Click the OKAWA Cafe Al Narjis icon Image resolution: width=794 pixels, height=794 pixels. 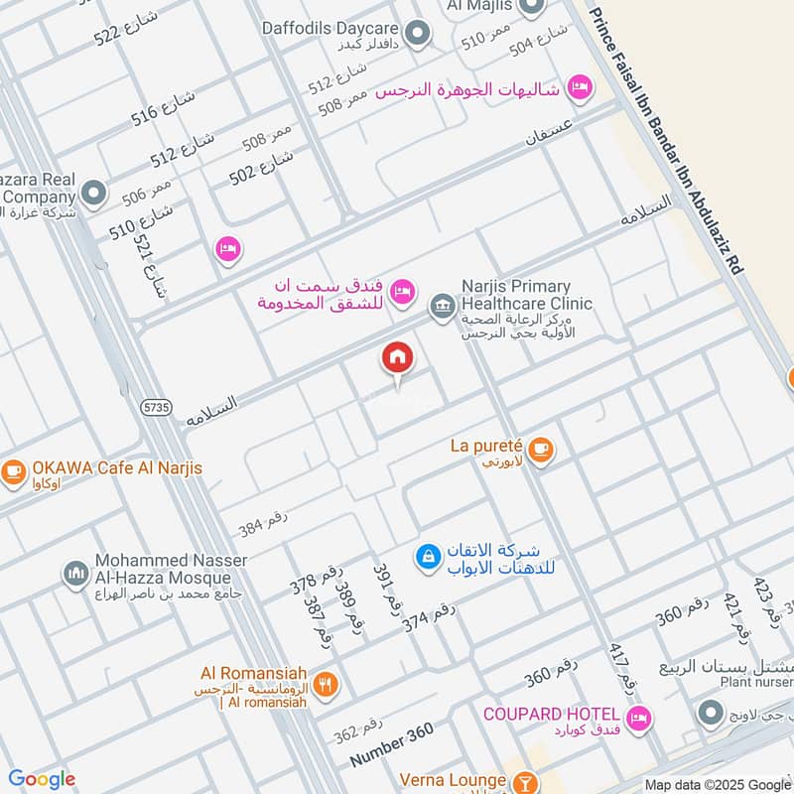pyautogui.click(x=13, y=470)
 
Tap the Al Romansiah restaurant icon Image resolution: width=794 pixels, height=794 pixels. pyautogui.click(x=326, y=684)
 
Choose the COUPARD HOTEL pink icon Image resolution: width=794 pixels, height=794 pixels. pyautogui.click(x=638, y=716)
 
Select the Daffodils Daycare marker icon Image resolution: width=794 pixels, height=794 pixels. pyautogui.click(x=418, y=34)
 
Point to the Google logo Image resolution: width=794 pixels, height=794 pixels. pyautogui.click(x=42, y=779)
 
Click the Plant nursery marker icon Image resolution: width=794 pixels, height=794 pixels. pyautogui.click(x=710, y=713)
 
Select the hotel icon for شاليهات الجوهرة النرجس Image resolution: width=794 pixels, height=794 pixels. pyautogui.click(x=579, y=87)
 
